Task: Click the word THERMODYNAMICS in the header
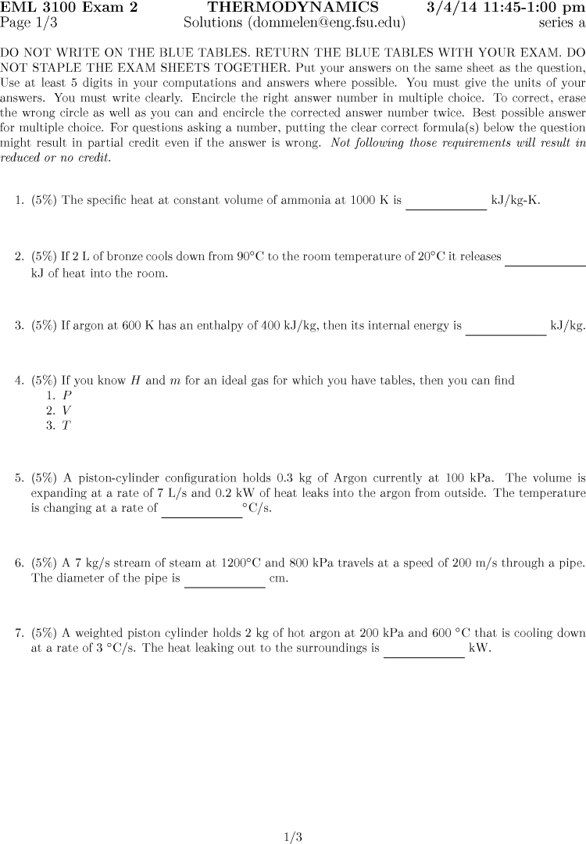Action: [293, 8]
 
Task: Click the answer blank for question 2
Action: [545, 262]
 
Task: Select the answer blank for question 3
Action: [506, 331]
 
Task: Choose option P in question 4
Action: [67, 395]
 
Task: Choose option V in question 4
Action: [67, 410]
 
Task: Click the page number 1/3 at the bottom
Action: [293, 835]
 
